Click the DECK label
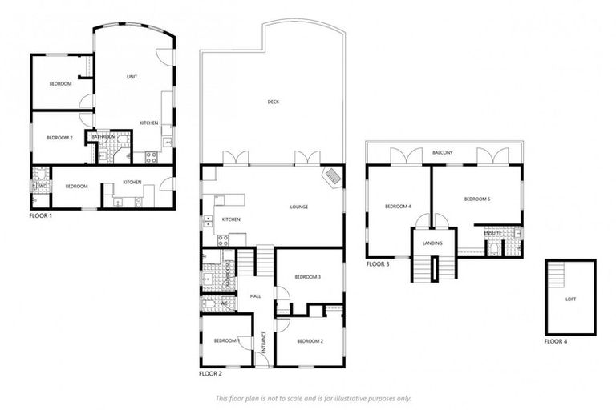[273, 102]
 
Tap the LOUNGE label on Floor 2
[299, 207]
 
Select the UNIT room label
[131, 77]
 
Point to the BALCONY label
[443, 152]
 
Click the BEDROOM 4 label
[398, 207]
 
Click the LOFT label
[570, 299]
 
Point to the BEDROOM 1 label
[227, 341]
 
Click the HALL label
[256, 296]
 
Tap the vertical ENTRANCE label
[264, 342]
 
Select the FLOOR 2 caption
[210, 373]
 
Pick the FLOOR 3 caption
[378, 264]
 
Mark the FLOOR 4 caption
[555, 342]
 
